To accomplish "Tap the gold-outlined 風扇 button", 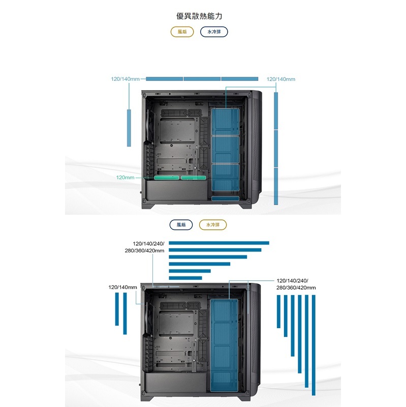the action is tap(182, 32).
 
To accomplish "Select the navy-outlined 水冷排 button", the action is tap(214, 32).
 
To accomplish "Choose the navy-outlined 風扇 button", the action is tap(181, 224).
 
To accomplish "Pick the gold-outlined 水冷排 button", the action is tap(213, 224).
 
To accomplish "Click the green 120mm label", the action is tap(125, 178).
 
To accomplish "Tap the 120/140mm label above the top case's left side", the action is tap(125, 79).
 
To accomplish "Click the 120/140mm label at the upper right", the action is tap(280, 79).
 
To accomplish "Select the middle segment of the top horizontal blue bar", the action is tap(202, 79).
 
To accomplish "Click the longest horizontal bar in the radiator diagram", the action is tap(218, 243).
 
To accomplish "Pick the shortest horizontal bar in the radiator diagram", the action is tap(185, 278).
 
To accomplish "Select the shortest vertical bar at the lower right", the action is tap(278, 311).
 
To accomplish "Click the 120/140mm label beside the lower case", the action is tap(123, 287).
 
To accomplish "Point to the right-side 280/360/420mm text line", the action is tap(296, 288).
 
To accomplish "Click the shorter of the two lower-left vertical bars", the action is tap(117, 310).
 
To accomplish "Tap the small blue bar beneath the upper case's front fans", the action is tap(226, 198).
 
